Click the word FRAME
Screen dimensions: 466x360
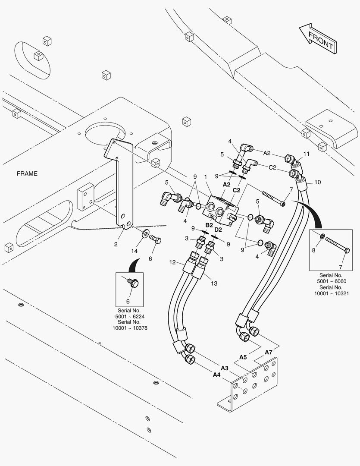pyautogui.click(x=27, y=173)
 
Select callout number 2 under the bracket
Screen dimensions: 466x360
pyautogui.click(x=116, y=244)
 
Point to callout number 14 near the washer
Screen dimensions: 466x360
pyautogui.click(x=135, y=251)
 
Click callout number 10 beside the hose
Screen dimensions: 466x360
pyautogui.click(x=317, y=182)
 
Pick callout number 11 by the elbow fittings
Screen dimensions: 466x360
pyautogui.click(x=307, y=154)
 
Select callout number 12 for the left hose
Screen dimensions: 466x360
pyautogui.click(x=172, y=262)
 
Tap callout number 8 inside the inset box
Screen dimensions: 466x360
pyautogui.click(x=314, y=250)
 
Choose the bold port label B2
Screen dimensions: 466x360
pyautogui.click(x=209, y=225)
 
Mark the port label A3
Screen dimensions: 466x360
pyautogui.click(x=224, y=368)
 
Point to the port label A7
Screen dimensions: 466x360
pyautogui.click(x=268, y=352)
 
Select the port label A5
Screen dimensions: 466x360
pyautogui.click(x=243, y=357)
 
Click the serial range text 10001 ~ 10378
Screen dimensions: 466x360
pyautogui.click(x=130, y=328)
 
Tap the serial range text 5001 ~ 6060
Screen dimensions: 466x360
pyautogui.click(x=331, y=281)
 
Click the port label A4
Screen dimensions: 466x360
pyautogui.click(x=216, y=375)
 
